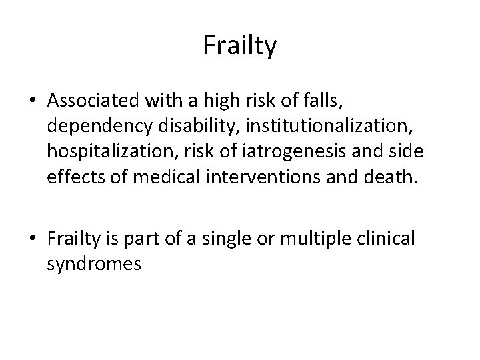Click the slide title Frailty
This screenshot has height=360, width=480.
(x=239, y=47)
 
